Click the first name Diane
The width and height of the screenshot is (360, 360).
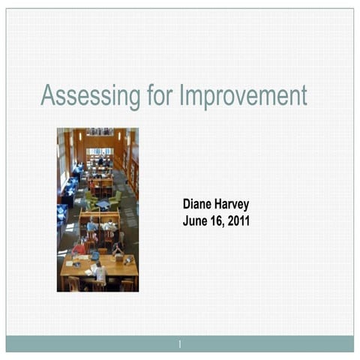click(199, 204)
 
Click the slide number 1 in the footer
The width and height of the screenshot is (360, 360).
click(180, 344)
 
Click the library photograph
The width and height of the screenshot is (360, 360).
click(97, 209)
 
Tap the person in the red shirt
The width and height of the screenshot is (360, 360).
click(79, 247)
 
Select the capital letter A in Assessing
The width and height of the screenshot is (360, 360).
click(47, 95)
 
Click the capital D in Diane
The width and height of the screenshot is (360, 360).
click(187, 204)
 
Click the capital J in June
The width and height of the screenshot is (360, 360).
click(185, 221)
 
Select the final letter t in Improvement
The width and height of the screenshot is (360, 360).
click(304, 96)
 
